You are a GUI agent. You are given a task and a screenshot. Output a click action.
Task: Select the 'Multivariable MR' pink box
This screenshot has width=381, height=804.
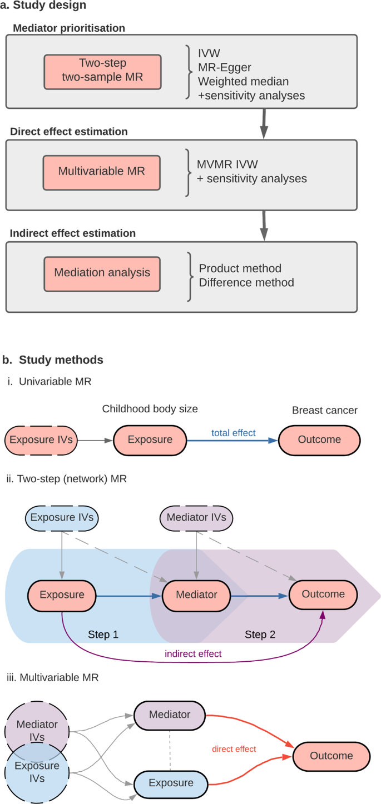pos(102,171)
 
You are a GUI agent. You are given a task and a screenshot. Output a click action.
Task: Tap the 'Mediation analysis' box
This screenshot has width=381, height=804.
pos(102,272)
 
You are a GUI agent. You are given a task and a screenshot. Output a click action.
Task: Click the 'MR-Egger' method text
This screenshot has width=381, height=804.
pos(225,67)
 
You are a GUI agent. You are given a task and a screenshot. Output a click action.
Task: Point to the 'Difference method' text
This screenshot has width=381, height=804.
pos(246,282)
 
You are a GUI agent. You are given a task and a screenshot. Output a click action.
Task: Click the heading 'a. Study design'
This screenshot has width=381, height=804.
pos(43,6)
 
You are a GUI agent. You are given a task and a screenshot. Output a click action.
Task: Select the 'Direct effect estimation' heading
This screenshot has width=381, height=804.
pos(69,132)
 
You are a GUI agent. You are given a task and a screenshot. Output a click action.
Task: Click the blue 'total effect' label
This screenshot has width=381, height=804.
pos(234,432)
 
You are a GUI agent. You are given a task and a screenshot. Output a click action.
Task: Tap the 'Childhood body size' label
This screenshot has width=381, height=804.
pos(150,409)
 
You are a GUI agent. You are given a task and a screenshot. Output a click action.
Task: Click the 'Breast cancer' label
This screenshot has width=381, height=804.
pos(325,410)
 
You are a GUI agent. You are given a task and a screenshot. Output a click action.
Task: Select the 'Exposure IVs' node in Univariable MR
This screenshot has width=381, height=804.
pos(41,440)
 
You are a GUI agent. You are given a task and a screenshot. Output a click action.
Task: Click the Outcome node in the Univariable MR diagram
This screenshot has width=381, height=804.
pos(319,440)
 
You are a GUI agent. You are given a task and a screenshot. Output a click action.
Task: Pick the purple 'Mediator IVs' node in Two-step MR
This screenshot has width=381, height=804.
pos(196,518)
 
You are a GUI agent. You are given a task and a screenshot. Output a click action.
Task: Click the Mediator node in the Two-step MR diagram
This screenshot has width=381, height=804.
pos(196,595)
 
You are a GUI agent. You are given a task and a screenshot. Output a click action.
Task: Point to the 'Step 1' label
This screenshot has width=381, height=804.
pos(103,634)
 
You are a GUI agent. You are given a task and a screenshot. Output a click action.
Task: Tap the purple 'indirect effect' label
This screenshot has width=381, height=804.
pos(193,653)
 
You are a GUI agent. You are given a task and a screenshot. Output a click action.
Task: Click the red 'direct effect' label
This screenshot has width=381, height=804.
pos(234,749)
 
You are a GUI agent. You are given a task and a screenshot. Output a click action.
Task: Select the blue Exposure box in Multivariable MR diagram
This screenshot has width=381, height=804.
pos(171,783)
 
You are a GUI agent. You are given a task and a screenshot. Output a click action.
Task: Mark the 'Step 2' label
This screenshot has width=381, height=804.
pos(260,634)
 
